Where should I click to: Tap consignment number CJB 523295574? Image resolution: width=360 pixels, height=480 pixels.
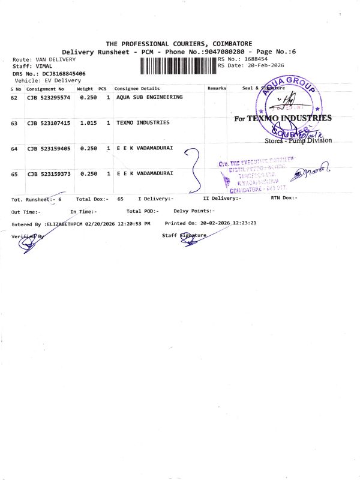[x=49, y=97]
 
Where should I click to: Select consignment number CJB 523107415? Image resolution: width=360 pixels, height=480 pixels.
[x=49, y=123]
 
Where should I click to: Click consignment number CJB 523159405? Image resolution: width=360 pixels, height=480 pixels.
[x=49, y=148]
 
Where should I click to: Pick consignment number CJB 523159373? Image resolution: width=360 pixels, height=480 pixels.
[x=49, y=174]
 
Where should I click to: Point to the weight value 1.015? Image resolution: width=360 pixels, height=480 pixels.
[x=88, y=123]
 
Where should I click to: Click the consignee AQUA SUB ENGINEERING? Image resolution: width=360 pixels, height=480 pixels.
[x=149, y=97]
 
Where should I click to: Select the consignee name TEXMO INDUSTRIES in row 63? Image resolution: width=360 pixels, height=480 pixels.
[x=143, y=123]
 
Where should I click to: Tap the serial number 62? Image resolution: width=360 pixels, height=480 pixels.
[x=14, y=97]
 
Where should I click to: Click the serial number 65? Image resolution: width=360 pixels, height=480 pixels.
[x=14, y=174]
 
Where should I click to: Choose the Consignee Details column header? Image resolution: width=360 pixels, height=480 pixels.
[x=137, y=88]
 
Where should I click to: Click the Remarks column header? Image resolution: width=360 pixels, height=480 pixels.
[x=217, y=88]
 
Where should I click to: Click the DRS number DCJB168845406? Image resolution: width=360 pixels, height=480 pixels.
[x=64, y=73]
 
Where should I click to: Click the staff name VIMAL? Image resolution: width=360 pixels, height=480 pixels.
[x=44, y=66]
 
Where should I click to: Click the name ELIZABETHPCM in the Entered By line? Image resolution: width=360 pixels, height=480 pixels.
[x=64, y=224]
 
